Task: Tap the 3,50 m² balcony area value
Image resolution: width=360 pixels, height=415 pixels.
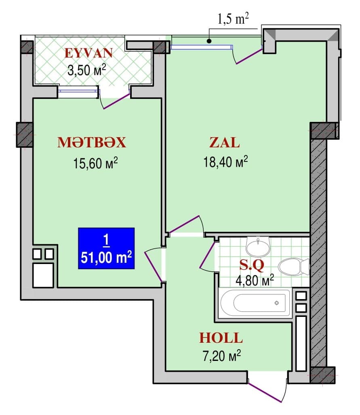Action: (x=86, y=70)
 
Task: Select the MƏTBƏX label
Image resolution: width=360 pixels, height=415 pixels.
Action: (x=92, y=143)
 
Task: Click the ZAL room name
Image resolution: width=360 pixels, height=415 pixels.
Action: (x=224, y=143)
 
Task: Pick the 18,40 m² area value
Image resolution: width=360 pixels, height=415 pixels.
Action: (x=225, y=162)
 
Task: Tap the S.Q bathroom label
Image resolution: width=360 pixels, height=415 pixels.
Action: (x=252, y=265)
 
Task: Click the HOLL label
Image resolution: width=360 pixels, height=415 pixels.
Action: (x=221, y=337)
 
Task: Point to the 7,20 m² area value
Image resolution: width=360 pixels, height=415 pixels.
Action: (x=221, y=356)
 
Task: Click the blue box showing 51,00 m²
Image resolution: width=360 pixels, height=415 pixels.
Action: (x=106, y=248)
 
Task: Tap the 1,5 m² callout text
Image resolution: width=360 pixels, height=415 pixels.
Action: (x=233, y=20)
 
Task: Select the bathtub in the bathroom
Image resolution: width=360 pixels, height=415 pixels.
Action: (x=255, y=303)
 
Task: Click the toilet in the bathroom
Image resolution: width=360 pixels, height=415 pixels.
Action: (x=294, y=267)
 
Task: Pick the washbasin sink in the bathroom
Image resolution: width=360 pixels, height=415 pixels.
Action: (x=258, y=246)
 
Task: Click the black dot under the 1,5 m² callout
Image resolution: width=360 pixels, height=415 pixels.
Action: (x=209, y=41)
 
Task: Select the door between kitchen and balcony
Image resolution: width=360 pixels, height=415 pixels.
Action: (x=115, y=101)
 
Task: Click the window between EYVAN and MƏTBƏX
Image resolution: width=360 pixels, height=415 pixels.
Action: (x=79, y=92)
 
